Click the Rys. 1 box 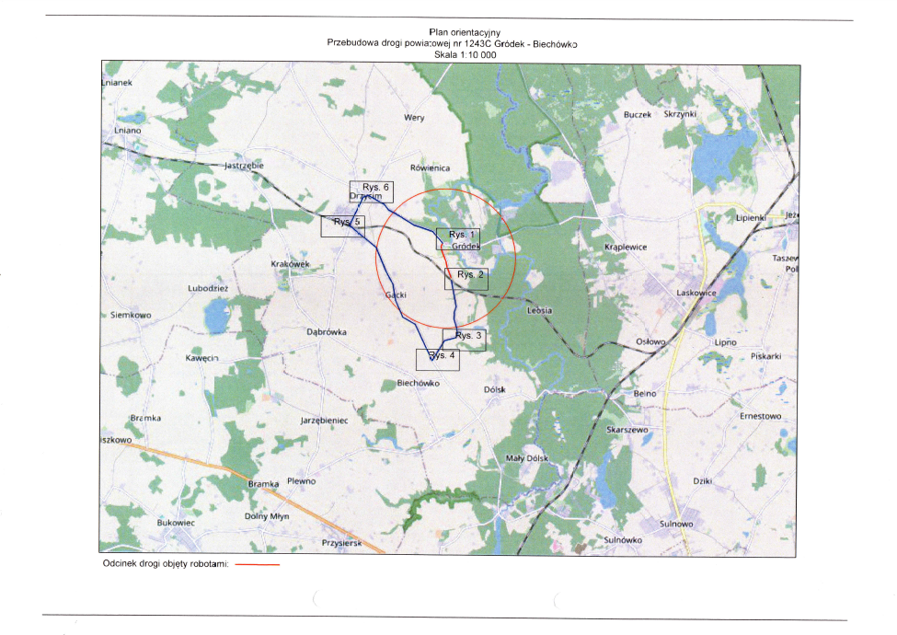click(459, 237)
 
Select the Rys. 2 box click(466, 276)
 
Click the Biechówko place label click(419, 383)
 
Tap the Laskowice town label click(696, 292)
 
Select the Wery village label click(414, 118)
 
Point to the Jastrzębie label click(244, 166)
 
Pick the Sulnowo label click(676, 524)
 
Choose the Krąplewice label click(627, 248)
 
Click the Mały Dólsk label click(527, 458)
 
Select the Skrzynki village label click(682, 114)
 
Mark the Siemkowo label click(130, 315)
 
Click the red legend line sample click(257, 565)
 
